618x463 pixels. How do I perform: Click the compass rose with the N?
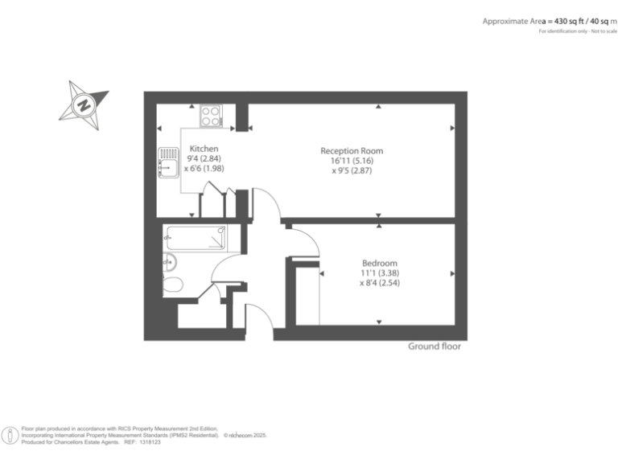[x=84, y=104]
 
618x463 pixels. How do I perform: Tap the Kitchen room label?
[x=204, y=149]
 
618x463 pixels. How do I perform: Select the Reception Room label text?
[x=352, y=150]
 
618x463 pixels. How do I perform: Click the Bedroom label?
[x=379, y=263]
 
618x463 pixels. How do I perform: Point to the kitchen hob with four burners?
[x=212, y=117]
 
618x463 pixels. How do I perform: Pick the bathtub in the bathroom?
[x=196, y=236]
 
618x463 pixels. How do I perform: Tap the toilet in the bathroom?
[x=172, y=284]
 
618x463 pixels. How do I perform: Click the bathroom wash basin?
[x=167, y=260]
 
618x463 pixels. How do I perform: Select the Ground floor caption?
[x=435, y=346]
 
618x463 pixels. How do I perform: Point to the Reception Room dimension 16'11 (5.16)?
[x=352, y=161]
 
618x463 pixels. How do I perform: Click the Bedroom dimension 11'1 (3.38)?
[x=379, y=273]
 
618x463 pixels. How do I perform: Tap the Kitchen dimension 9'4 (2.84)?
[x=204, y=159]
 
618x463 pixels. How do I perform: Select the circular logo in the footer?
[x=10, y=436]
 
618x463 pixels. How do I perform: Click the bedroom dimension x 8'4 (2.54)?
[x=380, y=283]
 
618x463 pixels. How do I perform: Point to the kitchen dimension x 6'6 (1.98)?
[x=204, y=169]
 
